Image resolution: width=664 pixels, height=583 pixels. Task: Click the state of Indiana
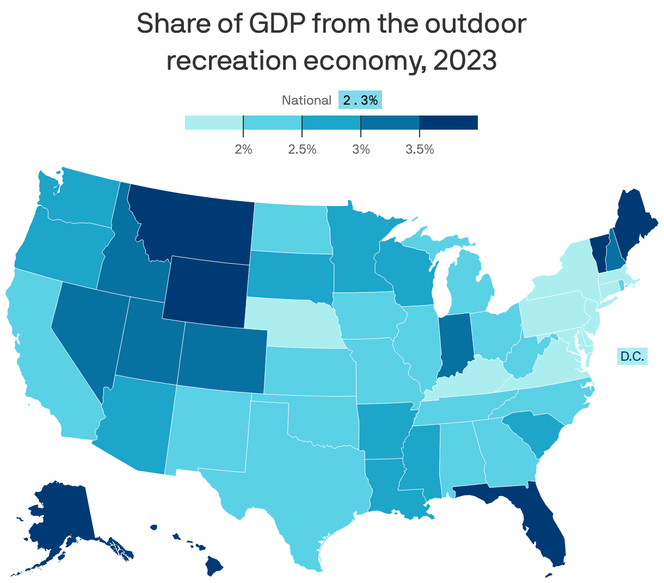pyautogui.click(x=454, y=343)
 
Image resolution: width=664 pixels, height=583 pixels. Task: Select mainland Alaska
pyautogui.click(x=60, y=518)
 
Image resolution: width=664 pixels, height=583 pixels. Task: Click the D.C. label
pyautogui.click(x=632, y=357)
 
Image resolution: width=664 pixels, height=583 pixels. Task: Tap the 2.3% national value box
pyautogui.click(x=360, y=100)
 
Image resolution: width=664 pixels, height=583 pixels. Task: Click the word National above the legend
pyautogui.click(x=306, y=100)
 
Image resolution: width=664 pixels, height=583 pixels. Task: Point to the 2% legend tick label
pyautogui.click(x=243, y=149)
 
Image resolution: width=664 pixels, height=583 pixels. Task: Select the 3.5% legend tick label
pyautogui.click(x=420, y=149)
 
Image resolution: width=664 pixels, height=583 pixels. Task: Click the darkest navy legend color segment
pyautogui.click(x=448, y=123)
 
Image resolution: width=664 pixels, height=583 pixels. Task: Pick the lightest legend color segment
pyautogui.click(x=214, y=123)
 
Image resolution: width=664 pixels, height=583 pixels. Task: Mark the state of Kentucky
pyautogui.click(x=468, y=376)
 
